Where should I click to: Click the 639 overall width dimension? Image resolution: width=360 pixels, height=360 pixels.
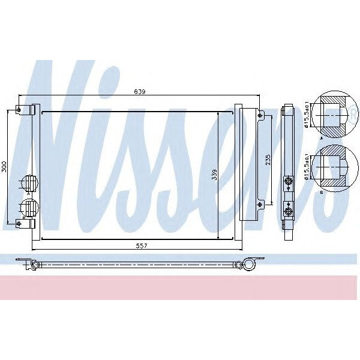(x=139, y=92)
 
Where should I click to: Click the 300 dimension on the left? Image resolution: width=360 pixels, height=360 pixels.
(x=4, y=167)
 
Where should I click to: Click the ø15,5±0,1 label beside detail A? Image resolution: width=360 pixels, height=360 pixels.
(x=307, y=116)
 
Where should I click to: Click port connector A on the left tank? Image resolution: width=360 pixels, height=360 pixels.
(x=29, y=182)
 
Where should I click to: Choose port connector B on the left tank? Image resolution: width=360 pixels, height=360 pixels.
(x=29, y=208)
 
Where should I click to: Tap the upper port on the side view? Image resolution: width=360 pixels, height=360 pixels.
(x=288, y=180)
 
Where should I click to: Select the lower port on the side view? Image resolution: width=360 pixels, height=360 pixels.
(x=288, y=211)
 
